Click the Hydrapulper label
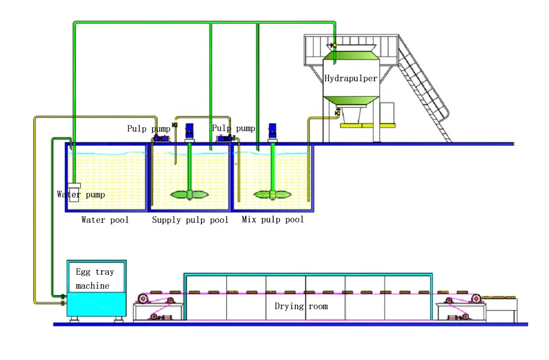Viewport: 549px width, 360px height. (x=351, y=78)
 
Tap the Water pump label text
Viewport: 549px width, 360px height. (x=81, y=194)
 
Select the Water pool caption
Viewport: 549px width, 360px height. (x=105, y=220)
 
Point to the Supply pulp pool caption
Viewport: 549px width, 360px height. (x=190, y=220)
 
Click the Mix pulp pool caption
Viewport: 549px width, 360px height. (x=273, y=219)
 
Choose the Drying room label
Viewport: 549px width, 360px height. (x=301, y=306)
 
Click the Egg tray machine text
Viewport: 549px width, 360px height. (x=95, y=279)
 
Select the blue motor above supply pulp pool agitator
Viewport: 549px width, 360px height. (x=189, y=131)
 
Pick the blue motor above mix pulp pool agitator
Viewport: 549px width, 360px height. (x=272, y=131)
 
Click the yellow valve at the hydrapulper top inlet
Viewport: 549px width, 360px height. (x=334, y=45)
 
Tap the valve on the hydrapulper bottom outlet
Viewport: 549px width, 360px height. (x=338, y=113)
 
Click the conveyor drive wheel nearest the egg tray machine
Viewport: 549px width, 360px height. (x=143, y=299)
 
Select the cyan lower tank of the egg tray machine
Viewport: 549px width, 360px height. (x=97, y=304)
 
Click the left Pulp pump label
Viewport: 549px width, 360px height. (x=149, y=129)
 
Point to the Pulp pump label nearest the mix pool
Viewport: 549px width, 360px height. (x=233, y=128)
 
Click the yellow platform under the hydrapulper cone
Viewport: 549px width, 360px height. (x=364, y=125)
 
